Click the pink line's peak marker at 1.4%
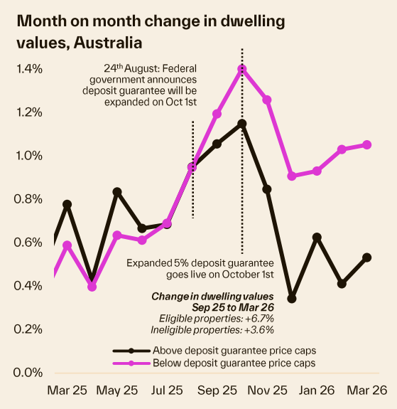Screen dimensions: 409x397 click(242, 69)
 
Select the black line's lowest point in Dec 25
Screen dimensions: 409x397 click(292, 299)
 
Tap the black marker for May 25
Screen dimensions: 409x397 click(117, 192)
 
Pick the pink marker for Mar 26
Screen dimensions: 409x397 click(367, 144)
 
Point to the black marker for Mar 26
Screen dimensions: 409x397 click(367, 257)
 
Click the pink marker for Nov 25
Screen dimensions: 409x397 click(267, 100)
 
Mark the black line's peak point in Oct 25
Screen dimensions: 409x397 click(242, 124)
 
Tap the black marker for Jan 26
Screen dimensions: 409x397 click(317, 237)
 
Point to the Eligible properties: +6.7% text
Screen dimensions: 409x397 click(212, 319)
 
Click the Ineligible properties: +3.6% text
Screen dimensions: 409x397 click(212, 330)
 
